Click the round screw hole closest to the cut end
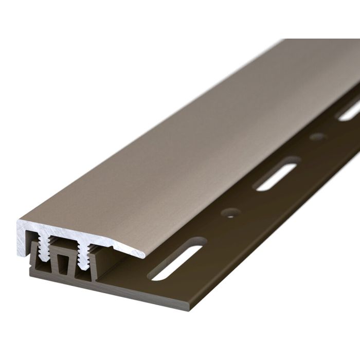(230, 212)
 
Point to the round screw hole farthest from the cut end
(317, 137)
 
